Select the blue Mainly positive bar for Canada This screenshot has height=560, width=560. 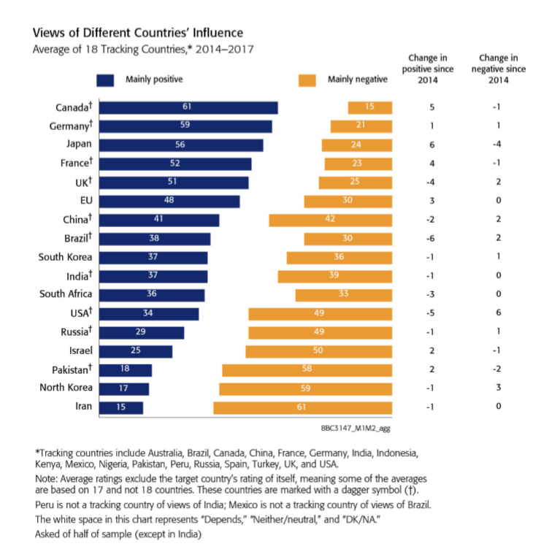click(x=188, y=107)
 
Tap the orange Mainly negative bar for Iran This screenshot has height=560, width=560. click(x=302, y=407)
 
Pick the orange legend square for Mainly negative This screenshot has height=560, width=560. click(x=307, y=80)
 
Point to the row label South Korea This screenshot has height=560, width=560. click(x=66, y=257)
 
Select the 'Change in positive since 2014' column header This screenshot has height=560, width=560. click(x=429, y=69)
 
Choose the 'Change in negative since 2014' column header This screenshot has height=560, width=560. click(x=499, y=69)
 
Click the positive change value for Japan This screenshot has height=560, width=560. click(x=432, y=145)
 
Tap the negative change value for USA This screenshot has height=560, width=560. click(x=499, y=313)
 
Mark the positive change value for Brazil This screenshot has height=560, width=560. click(x=432, y=239)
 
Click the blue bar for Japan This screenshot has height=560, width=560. click(x=181, y=145)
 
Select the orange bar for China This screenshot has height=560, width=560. click(x=330, y=220)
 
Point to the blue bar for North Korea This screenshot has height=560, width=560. click(x=124, y=388)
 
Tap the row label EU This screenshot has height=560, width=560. click(x=86, y=201)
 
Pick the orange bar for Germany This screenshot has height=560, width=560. click(x=361, y=126)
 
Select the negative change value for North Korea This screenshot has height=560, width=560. click(x=499, y=388)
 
